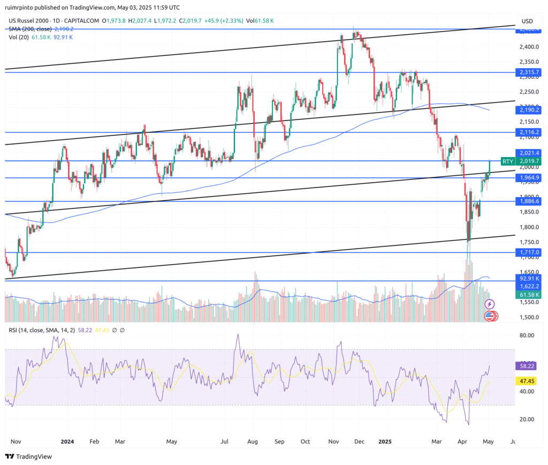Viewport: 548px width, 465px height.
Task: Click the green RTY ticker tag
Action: click(507, 161)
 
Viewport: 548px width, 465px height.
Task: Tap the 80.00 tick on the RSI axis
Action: click(527, 336)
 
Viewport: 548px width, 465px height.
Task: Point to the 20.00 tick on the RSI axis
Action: click(527, 419)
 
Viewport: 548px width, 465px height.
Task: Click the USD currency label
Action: click(528, 21)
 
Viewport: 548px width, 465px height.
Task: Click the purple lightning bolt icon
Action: click(489, 304)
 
